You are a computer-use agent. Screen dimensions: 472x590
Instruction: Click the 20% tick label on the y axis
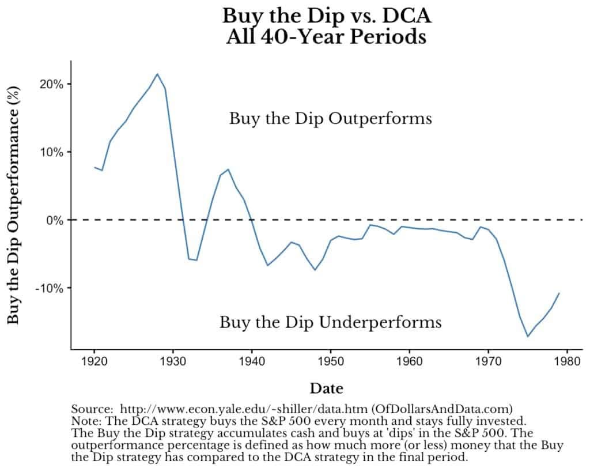51,84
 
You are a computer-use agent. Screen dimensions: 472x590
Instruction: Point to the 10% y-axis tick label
51,152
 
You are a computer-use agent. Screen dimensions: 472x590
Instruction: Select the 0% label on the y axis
54,220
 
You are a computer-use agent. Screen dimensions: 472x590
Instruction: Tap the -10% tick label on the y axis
49,288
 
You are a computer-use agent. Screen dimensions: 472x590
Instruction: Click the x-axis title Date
327,388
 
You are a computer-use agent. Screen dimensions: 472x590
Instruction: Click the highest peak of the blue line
157,74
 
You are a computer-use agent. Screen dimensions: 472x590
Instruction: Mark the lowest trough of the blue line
527,336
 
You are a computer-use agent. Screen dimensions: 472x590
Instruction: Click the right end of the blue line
559,293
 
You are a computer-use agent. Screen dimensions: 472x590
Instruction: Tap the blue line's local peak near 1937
228,169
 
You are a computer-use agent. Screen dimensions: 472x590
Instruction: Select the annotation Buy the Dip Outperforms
330,119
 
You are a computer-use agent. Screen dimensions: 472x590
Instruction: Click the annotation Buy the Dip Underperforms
330,322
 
